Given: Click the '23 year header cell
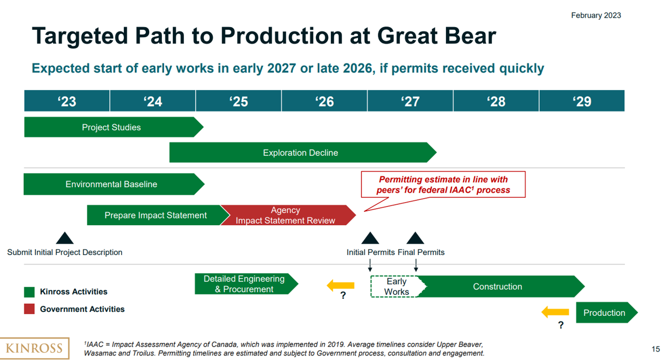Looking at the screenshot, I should tap(67, 101).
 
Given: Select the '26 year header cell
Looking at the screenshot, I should tap(324, 101).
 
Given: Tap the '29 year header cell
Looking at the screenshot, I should tap(582, 101).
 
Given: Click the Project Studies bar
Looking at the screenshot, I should tap(112, 127).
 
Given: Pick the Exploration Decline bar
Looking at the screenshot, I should tap(301, 152).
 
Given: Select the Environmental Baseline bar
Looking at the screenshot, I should tap(112, 184).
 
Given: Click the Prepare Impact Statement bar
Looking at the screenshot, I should tap(155, 215).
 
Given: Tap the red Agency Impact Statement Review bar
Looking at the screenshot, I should tap(286, 215).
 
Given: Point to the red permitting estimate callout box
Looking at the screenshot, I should tap(443, 184).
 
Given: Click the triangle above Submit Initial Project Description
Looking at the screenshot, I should tap(65, 239).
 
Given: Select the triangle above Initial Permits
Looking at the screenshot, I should tap(370, 239).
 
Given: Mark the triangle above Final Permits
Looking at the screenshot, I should tap(415, 239).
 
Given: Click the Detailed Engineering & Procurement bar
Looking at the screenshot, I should tap(244, 284).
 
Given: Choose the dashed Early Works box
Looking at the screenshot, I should tap(396, 287).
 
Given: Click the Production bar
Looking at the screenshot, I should tap(604, 313).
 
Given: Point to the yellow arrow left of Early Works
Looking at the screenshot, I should tap(341, 285).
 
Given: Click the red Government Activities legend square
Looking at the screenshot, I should tap(29, 309).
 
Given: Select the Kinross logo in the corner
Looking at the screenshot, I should tap(34, 348).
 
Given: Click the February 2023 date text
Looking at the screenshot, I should tap(596, 15).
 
